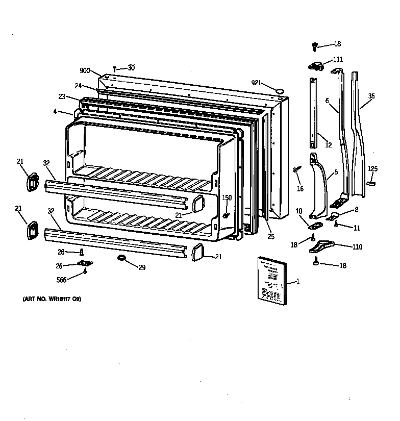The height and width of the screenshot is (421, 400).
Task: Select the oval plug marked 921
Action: (x=280, y=90)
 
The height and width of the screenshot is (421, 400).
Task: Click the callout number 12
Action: (x=328, y=145)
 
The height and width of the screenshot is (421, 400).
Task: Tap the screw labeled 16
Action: (x=296, y=169)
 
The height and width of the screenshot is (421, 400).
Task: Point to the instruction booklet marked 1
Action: (x=270, y=279)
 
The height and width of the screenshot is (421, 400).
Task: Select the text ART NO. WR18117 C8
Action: (x=53, y=299)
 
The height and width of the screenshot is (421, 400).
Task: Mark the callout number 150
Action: (x=227, y=197)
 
